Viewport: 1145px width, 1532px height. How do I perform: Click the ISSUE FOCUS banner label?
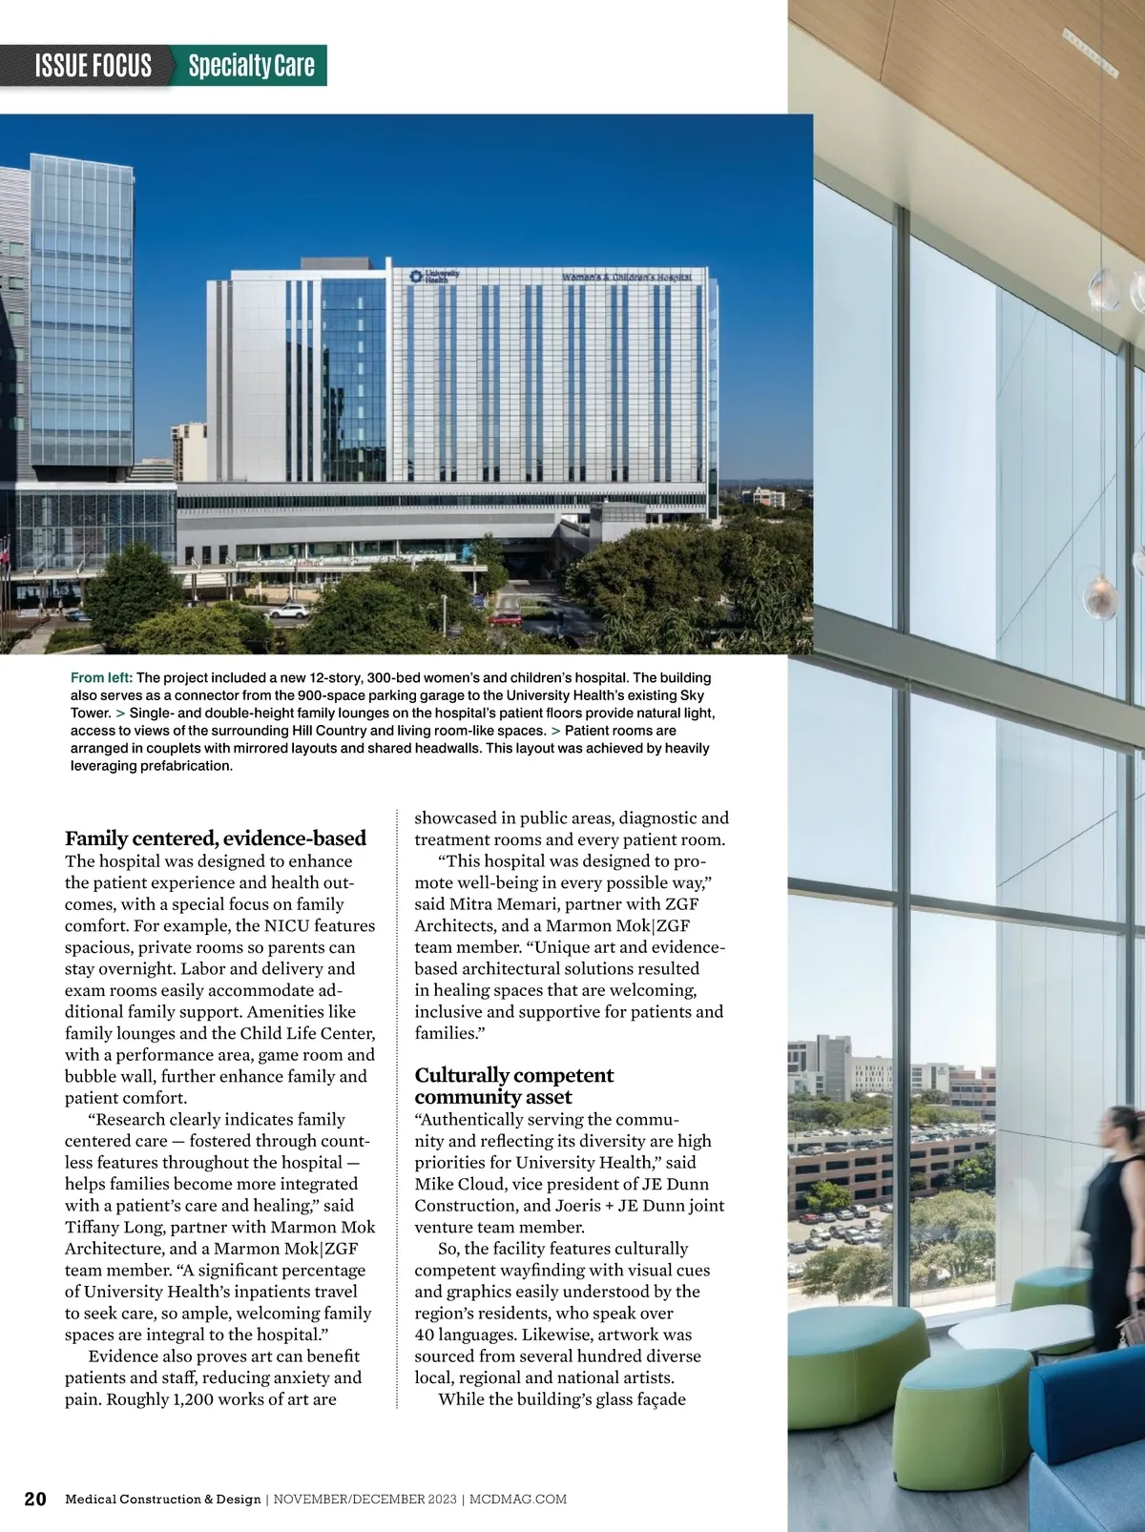pos(93,66)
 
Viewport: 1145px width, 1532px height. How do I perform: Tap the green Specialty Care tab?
pos(251,66)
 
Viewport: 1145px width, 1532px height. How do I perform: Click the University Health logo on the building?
pos(434,276)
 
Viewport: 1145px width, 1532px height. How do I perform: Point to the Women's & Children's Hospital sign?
pos(626,277)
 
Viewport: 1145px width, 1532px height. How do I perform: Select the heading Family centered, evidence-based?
pos(216,838)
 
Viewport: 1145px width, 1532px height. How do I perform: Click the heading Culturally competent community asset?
pos(513,1086)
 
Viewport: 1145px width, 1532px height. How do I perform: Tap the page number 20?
pos(35,1499)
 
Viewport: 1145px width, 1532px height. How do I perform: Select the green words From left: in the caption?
pos(101,677)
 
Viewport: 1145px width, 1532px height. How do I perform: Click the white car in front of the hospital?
pos(288,611)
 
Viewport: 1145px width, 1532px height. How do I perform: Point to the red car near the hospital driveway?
pos(506,618)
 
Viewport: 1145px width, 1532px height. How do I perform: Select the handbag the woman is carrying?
pos(1132,1326)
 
